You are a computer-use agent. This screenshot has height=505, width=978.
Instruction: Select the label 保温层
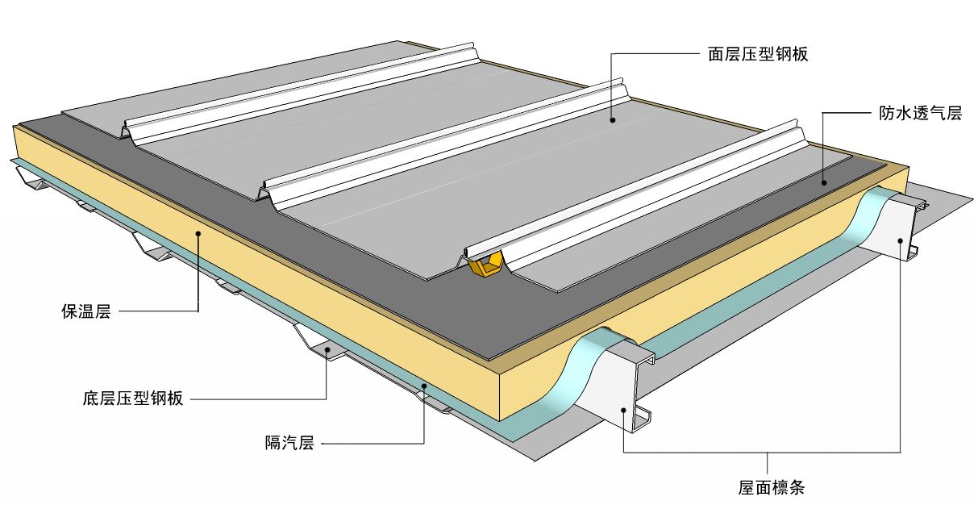[x=85, y=311]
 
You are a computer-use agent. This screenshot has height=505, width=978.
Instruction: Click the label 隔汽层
[x=289, y=442]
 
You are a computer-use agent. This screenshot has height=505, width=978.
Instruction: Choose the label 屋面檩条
[x=772, y=486]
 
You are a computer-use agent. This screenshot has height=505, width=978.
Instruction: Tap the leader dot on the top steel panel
[x=613, y=119]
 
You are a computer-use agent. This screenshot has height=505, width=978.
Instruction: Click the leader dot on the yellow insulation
[x=198, y=234]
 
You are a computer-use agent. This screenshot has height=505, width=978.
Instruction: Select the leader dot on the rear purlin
[x=900, y=240]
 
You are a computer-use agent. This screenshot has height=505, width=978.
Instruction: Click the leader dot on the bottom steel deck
[x=326, y=348]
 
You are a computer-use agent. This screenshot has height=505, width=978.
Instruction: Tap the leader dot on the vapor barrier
[x=424, y=387]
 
